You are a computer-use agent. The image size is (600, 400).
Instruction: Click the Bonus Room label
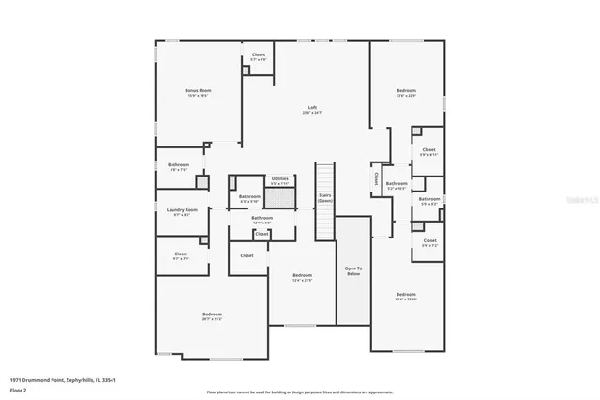tap(196, 92)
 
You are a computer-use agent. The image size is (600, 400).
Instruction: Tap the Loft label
tap(312, 109)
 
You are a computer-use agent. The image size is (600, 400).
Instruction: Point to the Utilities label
tap(279, 179)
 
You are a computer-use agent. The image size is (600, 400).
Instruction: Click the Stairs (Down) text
tap(324, 199)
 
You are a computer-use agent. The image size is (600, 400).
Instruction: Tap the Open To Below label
tap(353, 271)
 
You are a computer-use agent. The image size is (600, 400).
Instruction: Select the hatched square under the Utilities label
tap(278, 198)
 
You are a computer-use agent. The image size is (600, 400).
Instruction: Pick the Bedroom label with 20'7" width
tap(213, 315)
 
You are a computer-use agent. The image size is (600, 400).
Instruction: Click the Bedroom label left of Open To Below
tap(302, 277)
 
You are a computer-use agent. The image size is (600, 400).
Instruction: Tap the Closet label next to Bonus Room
tap(258, 56)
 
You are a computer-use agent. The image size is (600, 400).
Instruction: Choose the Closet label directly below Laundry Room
tap(181, 255)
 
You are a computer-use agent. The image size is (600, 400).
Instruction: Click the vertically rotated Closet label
tap(377, 176)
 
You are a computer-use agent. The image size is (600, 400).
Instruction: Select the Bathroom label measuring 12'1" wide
tap(262, 219)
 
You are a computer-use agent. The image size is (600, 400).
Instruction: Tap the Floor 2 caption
tap(19, 390)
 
